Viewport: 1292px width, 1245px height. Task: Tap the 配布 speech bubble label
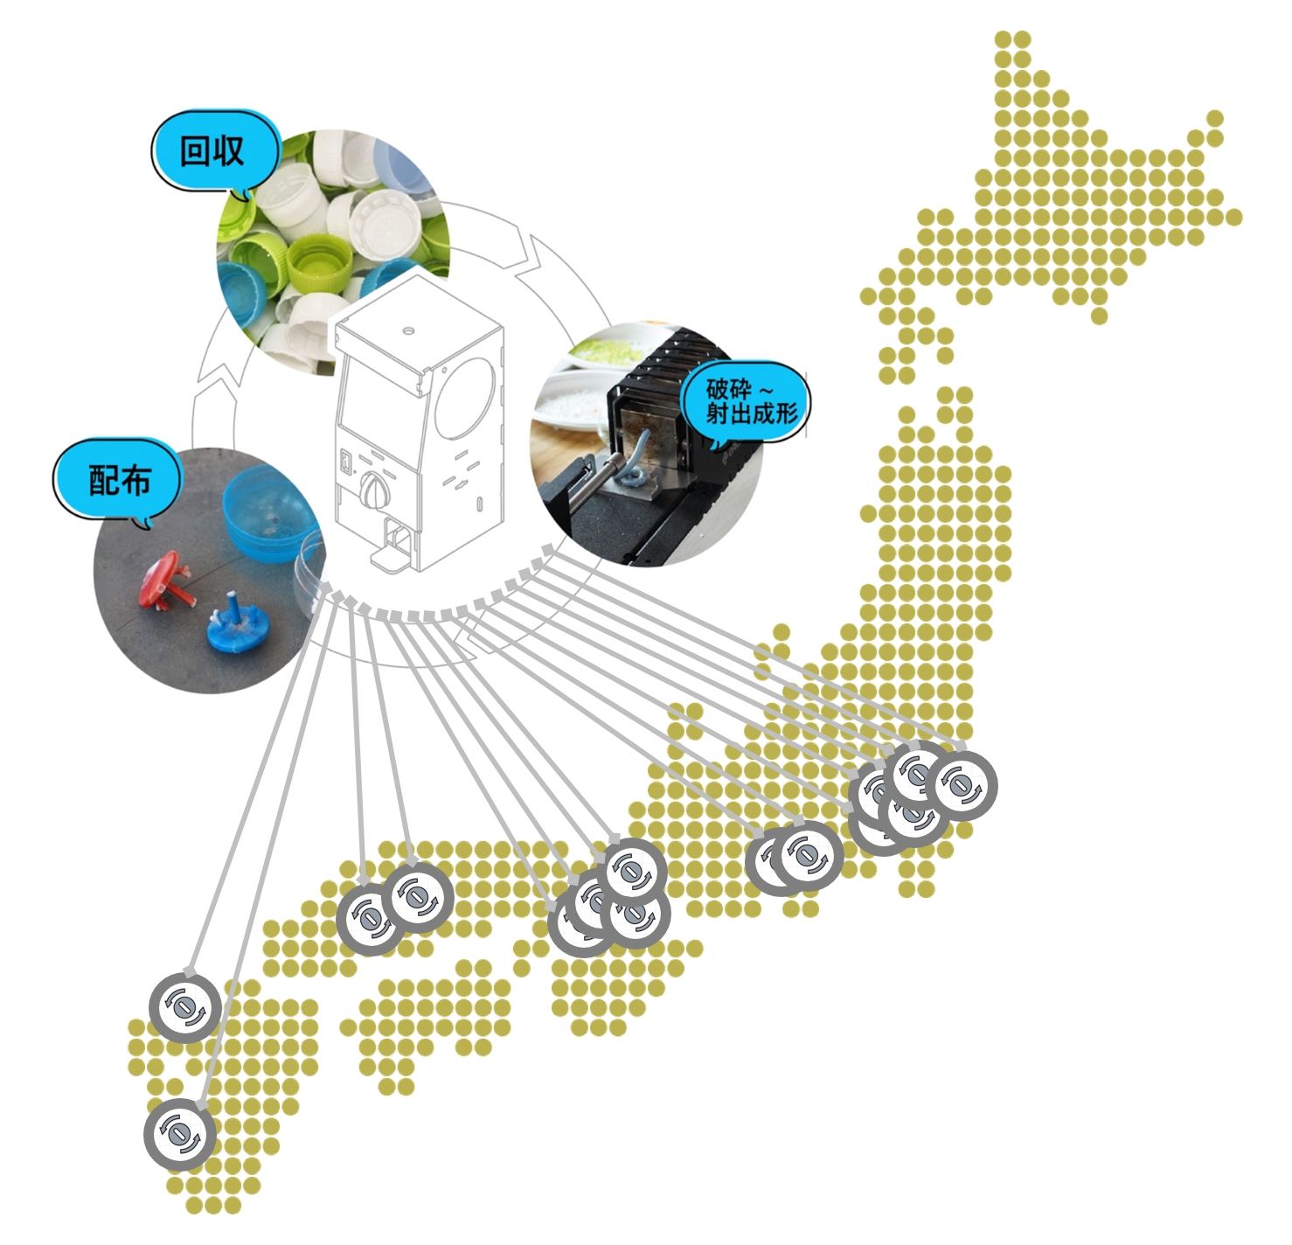coord(118,480)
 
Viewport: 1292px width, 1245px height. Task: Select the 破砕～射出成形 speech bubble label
coord(751,401)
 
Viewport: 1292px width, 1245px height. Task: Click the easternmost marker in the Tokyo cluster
coord(960,785)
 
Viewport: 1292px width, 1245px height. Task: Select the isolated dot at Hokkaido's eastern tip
coord(1233,216)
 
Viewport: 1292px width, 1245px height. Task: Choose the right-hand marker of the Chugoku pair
coord(420,898)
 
